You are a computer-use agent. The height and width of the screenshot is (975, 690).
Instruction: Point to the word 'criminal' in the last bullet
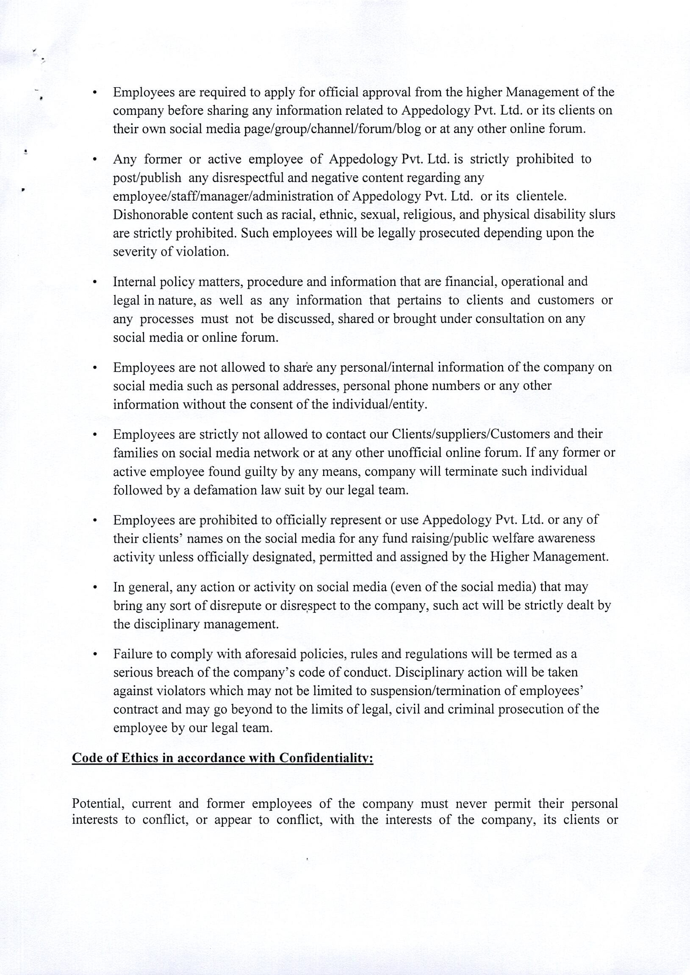(x=471, y=710)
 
